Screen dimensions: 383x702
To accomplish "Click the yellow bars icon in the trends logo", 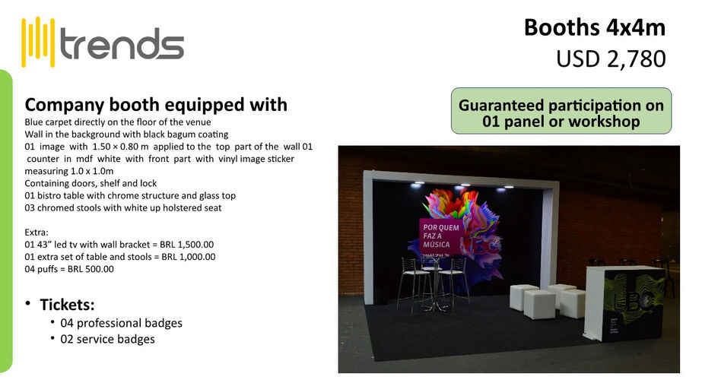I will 39,42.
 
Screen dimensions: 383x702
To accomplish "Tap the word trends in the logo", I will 122,44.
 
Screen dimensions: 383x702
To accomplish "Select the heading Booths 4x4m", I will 594,27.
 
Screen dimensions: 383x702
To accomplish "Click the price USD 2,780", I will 611,58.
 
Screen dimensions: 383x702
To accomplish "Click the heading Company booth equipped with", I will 156,104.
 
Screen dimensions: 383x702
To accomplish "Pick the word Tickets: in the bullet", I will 67,305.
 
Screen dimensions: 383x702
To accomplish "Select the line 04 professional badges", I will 122,323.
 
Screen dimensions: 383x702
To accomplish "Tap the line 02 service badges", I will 107,339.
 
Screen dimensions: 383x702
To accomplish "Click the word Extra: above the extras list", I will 38,232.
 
